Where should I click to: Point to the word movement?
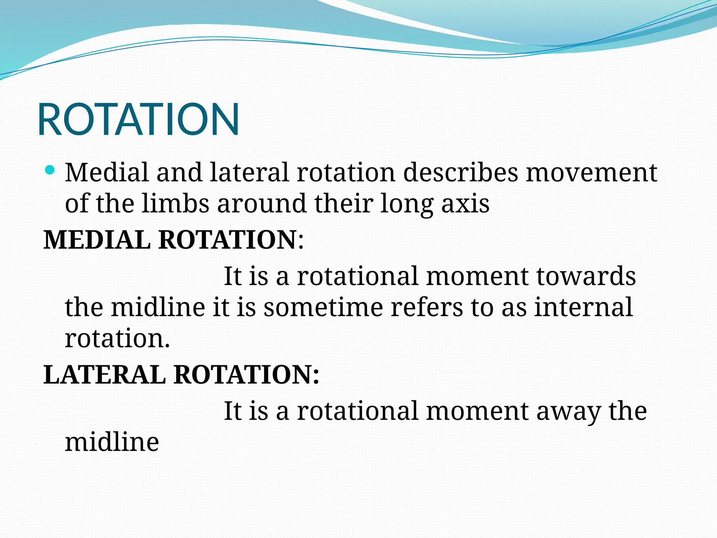[591, 173]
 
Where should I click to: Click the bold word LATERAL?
[104, 375]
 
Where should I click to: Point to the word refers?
[426, 307]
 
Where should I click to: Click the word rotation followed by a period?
[117, 339]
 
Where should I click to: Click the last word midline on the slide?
[112, 442]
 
